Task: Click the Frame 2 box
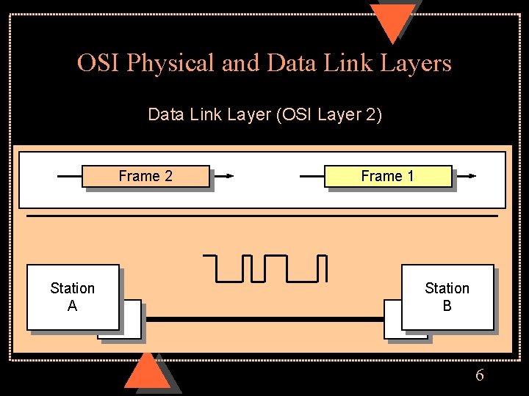pos(145,176)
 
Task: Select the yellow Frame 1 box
pos(388,176)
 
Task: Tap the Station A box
pos(73,297)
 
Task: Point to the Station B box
pos(447,297)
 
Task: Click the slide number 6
pos(480,375)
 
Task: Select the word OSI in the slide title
pos(99,63)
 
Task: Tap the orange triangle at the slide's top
pos(393,21)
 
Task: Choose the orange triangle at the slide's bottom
pos(147,372)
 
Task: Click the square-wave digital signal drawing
pos(264,268)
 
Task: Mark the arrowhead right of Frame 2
pos(229,176)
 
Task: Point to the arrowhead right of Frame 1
pos(472,176)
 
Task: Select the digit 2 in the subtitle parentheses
pos(369,115)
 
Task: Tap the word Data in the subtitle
pos(164,115)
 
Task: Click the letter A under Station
pos(72,306)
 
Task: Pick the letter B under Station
pos(447,306)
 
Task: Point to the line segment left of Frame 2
pos(69,176)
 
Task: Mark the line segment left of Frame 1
pos(312,176)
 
